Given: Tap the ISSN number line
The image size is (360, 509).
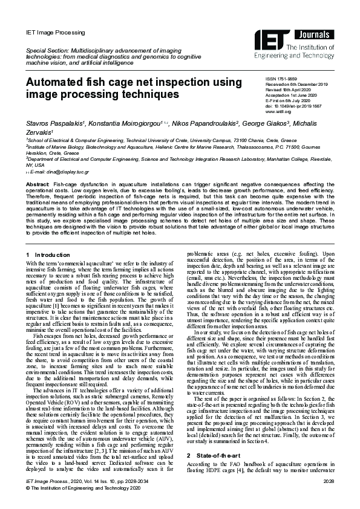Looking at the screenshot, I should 281,79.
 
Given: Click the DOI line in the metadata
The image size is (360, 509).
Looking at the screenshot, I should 291,106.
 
